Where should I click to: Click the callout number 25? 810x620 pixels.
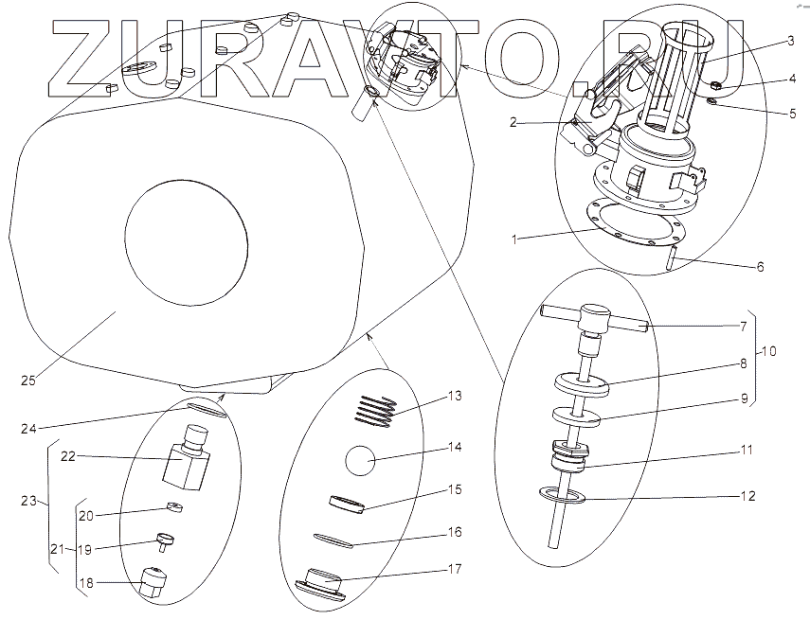point(28,381)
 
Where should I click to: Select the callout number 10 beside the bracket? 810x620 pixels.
point(768,351)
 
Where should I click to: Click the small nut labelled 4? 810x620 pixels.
point(717,87)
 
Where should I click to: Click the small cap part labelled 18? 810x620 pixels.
point(153,580)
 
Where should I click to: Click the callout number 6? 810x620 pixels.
point(759,267)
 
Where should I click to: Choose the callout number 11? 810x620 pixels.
point(747,451)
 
